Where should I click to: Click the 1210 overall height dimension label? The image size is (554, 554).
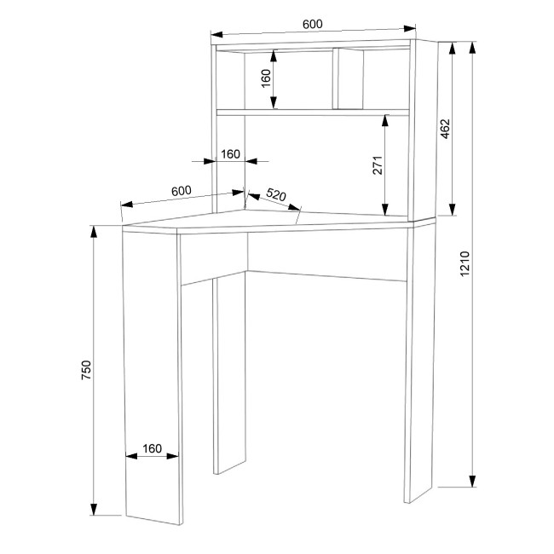coord(465,263)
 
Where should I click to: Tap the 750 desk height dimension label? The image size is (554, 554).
coord(86,370)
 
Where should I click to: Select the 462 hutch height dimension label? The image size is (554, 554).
coord(445,129)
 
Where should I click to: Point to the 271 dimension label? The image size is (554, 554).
coord(378,164)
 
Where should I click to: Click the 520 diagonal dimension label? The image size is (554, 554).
coord(275,194)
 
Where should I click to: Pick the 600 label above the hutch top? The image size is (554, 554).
coord(312,24)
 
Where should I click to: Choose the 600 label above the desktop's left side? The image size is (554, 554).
coord(182,191)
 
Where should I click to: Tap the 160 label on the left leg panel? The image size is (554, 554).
coord(152,448)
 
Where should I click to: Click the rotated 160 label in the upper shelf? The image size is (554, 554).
coord(266,78)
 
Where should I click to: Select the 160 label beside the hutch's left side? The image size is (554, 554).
coord(230,154)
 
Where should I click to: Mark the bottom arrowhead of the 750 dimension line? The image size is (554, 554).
coord(94,509)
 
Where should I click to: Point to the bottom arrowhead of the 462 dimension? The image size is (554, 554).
coord(452,209)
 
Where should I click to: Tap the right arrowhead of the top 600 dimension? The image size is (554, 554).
coord(410,28)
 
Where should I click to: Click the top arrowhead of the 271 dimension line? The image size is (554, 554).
coord(385,121)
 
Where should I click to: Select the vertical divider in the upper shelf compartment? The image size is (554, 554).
coord(335,78)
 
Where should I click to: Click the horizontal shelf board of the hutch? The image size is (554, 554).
coord(313,113)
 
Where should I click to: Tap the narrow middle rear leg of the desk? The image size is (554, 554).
coord(229,372)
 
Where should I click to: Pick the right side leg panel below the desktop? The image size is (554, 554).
coord(421,364)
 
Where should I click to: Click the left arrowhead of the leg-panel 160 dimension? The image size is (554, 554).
coord(131,456)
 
